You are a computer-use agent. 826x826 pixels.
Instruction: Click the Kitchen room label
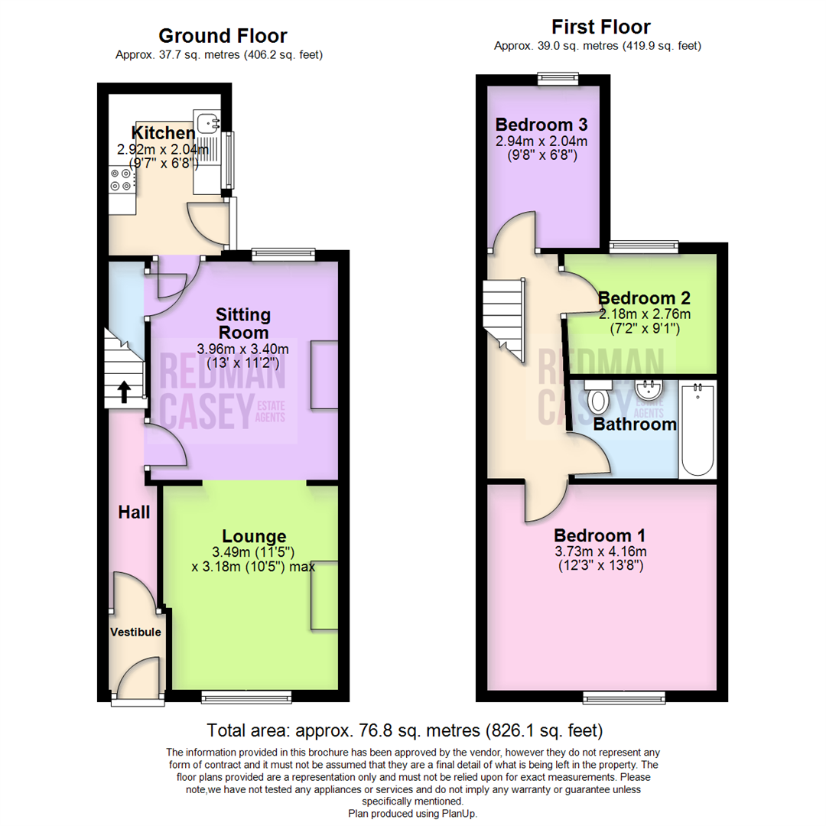pyautogui.click(x=163, y=132)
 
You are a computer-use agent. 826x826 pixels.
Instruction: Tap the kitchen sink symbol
pyautogui.click(x=206, y=122)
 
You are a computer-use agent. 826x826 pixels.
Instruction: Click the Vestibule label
pyautogui.click(x=135, y=632)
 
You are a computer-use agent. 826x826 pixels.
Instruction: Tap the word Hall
pyautogui.click(x=134, y=512)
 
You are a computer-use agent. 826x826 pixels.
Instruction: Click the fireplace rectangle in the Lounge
pyautogui.click(x=324, y=593)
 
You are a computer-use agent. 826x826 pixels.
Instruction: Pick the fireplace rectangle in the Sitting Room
pyautogui.click(x=324, y=374)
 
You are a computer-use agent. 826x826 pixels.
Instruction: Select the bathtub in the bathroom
pyautogui.click(x=697, y=430)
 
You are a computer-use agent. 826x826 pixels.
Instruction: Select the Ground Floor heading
pyautogui.click(x=223, y=35)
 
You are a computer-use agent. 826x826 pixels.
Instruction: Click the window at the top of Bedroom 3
pyautogui.click(x=558, y=76)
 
